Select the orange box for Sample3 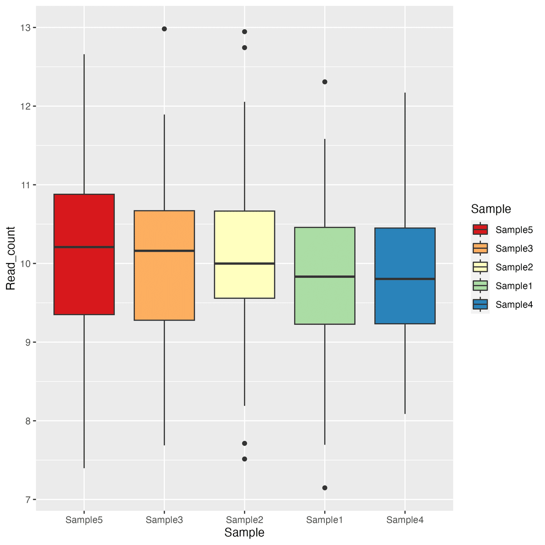(164, 286)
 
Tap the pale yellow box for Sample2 (244, 282)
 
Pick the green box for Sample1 (325, 300)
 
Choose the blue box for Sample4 (405, 300)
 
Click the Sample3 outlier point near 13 (164, 29)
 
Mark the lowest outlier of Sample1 (325, 488)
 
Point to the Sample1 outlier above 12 (325, 82)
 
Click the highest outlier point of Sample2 (244, 32)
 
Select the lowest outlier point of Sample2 (244, 459)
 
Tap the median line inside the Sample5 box (84, 247)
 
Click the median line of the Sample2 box (244, 263)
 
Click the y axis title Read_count (11, 258)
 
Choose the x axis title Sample (244, 533)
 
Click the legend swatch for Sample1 (480, 286)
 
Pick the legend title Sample (491, 209)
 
